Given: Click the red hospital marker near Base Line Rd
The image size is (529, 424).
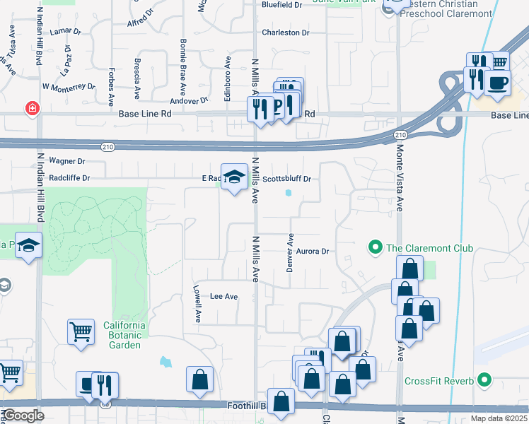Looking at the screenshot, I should tap(32, 109).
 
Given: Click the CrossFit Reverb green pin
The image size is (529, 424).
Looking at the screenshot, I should tap(484, 381).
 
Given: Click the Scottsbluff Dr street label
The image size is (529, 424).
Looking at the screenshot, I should tap(287, 179).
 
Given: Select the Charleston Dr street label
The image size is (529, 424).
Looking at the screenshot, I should tap(286, 33).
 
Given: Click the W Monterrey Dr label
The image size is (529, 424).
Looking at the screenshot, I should tap(69, 86).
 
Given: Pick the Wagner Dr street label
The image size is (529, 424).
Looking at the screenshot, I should tap(66, 161).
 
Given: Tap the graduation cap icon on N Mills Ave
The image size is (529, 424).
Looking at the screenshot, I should tap(233, 177).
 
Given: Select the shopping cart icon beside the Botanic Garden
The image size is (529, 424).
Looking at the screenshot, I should tap(81, 331).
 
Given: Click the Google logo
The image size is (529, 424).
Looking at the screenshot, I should tap(23, 416).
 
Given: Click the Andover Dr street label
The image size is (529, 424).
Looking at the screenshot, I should tap(194, 100).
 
